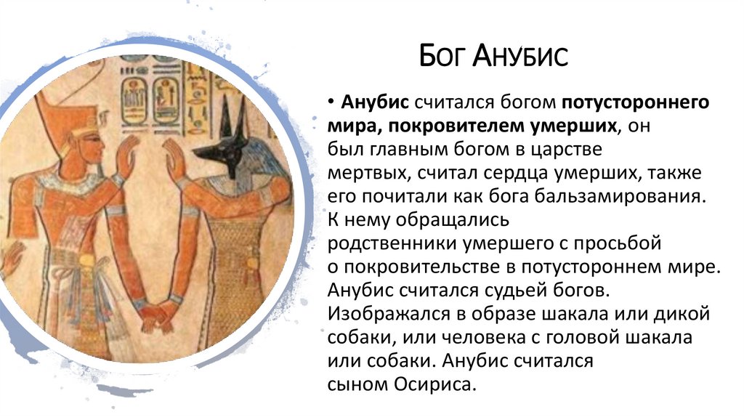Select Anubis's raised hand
(x=172, y=156)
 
